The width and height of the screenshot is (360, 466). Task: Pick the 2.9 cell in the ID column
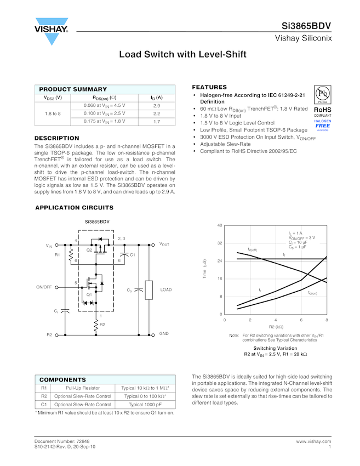tap(156, 105)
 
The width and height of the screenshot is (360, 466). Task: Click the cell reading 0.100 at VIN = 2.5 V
tap(104, 113)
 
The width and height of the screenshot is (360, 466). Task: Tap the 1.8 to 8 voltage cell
tap(53, 113)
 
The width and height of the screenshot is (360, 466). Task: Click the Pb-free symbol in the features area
tap(323, 94)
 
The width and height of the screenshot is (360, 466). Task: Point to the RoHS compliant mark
tap(323, 111)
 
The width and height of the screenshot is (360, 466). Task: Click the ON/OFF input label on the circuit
tap(44, 287)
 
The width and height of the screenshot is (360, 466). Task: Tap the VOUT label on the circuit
tap(164, 244)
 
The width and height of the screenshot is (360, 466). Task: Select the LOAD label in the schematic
tap(165, 289)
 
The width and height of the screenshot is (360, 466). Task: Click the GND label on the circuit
tap(164, 333)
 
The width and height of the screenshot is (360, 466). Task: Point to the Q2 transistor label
tap(89, 250)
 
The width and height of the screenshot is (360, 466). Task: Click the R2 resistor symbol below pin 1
tap(96, 326)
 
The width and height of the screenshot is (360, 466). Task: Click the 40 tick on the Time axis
tap(219, 225)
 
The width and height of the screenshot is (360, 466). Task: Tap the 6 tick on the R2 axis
tap(301, 320)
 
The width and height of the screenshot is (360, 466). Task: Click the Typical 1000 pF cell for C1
tap(145, 404)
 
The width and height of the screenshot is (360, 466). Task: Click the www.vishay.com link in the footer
tap(313, 441)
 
